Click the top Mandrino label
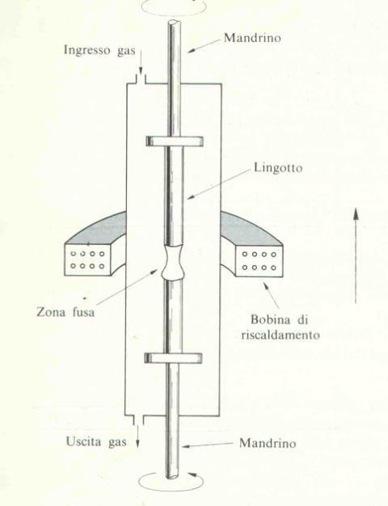(x=252, y=38)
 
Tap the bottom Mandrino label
(x=268, y=443)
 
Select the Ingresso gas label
(x=99, y=51)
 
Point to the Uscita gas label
(x=96, y=442)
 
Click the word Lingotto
(x=278, y=168)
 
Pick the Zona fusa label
(x=65, y=312)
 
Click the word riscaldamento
(x=280, y=335)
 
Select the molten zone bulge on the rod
(x=173, y=263)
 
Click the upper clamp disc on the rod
(x=175, y=141)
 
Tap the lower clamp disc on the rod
(x=173, y=358)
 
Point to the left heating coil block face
(x=88, y=259)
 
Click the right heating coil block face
(x=259, y=261)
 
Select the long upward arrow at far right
(x=356, y=255)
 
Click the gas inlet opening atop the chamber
(x=141, y=79)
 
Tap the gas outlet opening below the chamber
(x=138, y=420)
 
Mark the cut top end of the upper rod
(x=175, y=23)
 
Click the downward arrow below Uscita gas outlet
(x=137, y=436)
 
